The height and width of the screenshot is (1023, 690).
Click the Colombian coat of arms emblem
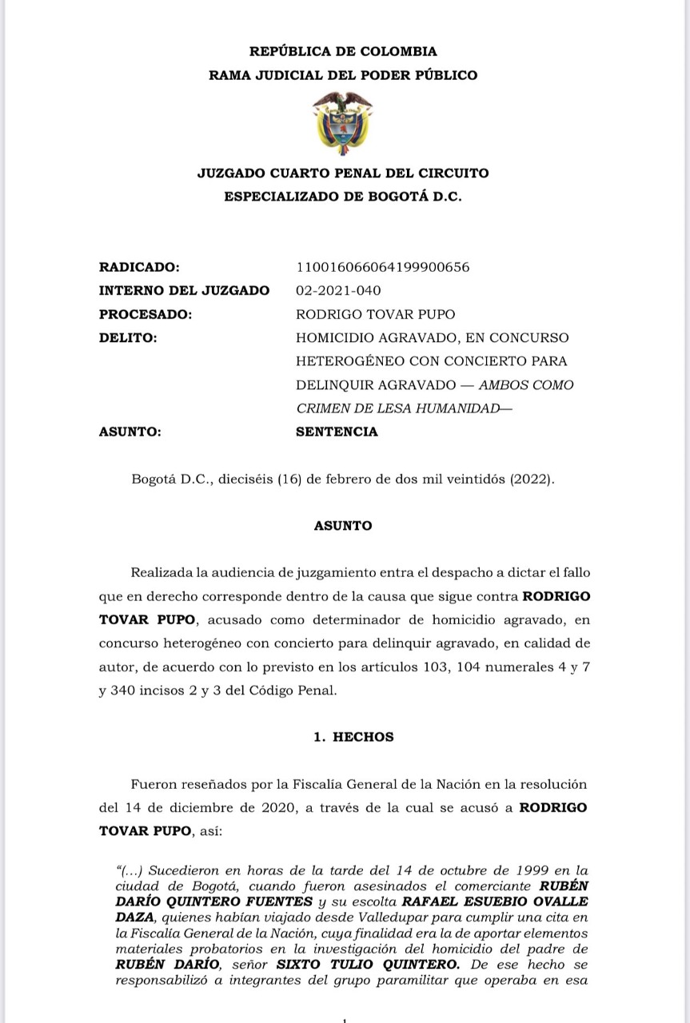click(342, 123)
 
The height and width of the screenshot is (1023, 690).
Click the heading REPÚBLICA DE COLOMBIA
click(343, 51)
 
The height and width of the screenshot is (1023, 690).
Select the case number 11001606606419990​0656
click(382, 267)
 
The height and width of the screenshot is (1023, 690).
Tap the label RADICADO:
click(139, 267)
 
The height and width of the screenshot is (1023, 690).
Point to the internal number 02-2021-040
click(338, 290)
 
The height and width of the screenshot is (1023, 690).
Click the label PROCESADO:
click(146, 314)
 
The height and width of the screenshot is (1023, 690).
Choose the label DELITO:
click(128, 337)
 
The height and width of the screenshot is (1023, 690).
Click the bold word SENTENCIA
click(337, 432)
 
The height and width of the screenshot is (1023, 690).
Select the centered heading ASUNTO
click(343, 526)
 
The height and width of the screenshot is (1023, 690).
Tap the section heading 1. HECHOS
click(353, 737)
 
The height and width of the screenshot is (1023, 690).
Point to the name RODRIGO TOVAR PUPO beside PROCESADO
click(376, 314)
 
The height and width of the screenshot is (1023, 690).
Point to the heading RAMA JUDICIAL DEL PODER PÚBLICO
click(343, 75)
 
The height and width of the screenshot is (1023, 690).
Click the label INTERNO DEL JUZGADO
click(184, 290)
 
